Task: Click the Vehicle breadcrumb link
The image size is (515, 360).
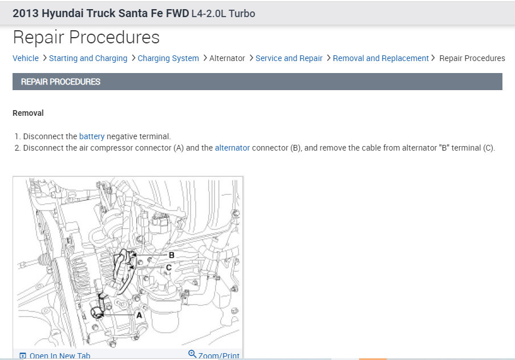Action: point(26,58)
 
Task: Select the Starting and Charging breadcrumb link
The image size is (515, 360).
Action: point(88,58)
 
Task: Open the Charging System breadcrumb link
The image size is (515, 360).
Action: point(168,58)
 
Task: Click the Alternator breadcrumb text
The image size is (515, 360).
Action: point(228,58)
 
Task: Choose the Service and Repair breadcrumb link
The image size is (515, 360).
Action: point(289,58)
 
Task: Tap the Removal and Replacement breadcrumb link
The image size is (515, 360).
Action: point(380,58)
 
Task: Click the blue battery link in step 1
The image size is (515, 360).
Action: point(92,136)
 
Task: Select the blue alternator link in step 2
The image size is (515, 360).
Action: point(232,148)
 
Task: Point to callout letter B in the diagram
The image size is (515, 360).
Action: point(172,255)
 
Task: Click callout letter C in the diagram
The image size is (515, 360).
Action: point(169,268)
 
